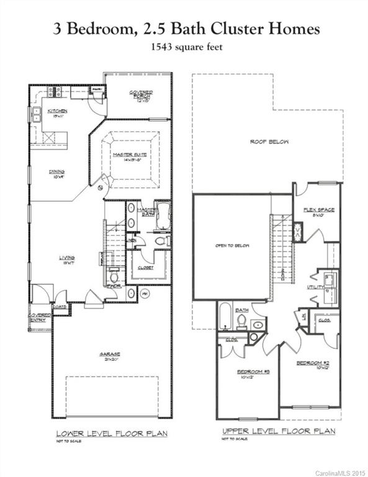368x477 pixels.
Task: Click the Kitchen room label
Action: pyautogui.click(x=60, y=111)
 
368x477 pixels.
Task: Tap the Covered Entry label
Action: pyautogui.click(x=39, y=317)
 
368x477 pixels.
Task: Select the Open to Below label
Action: pyautogui.click(x=232, y=245)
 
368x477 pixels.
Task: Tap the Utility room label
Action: pyautogui.click(x=315, y=288)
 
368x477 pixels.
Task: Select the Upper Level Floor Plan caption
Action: pyautogui.click(x=278, y=430)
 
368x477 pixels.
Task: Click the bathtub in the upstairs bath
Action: pyautogui.click(x=225, y=316)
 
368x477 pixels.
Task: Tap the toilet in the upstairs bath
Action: pyautogui.click(x=241, y=321)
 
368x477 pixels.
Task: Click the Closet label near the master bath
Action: pyautogui.click(x=145, y=268)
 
